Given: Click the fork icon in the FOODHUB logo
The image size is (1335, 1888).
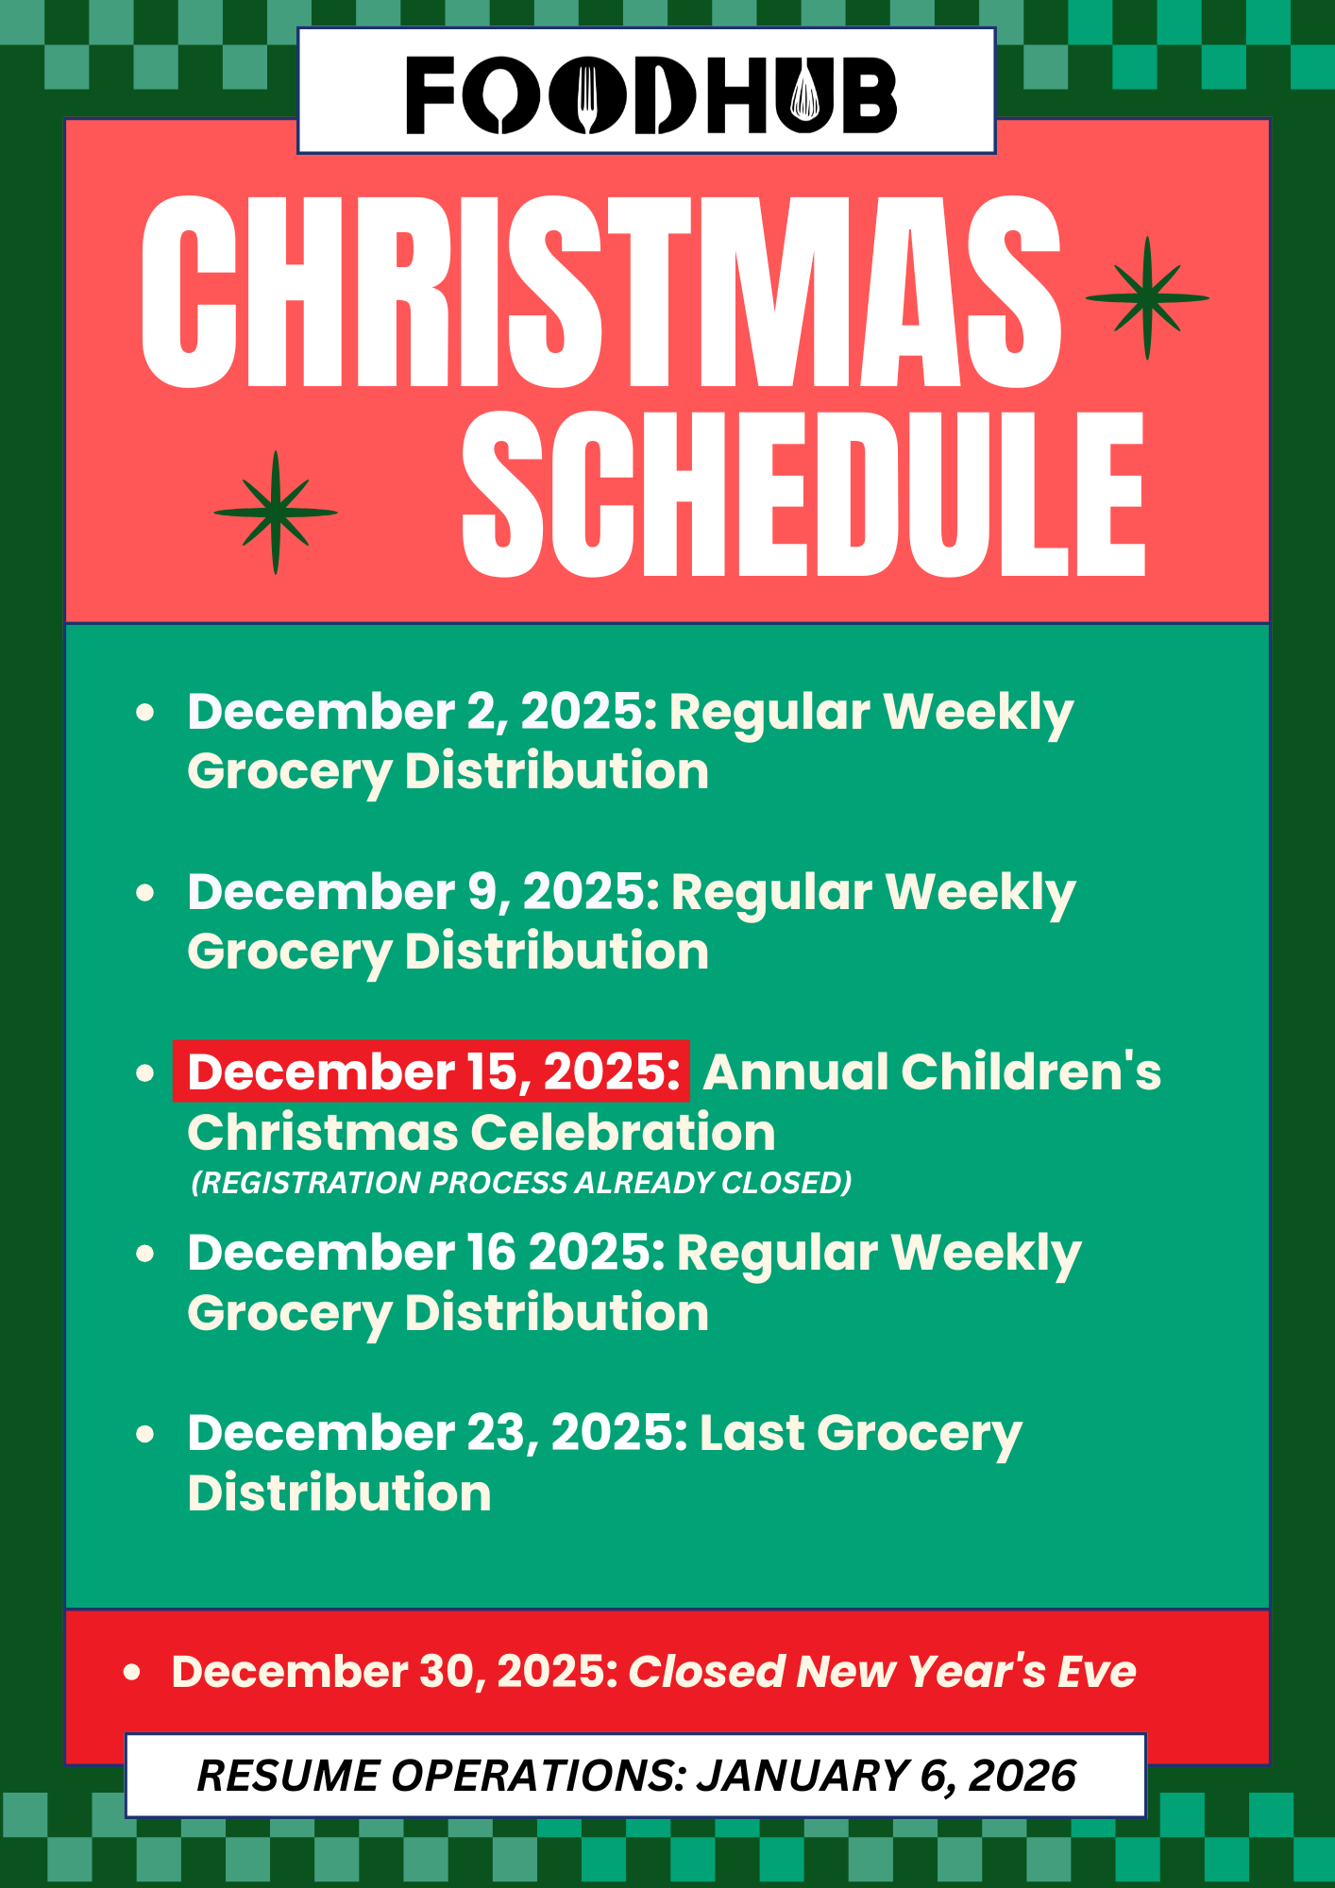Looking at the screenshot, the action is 588,96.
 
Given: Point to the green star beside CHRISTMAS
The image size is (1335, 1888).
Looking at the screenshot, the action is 1147,298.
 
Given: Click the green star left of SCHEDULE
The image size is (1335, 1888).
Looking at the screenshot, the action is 276,513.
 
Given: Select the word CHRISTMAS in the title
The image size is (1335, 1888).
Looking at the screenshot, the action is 601,292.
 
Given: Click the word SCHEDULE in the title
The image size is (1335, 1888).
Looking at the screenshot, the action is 803,494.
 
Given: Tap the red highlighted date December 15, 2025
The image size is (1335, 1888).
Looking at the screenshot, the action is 431,1071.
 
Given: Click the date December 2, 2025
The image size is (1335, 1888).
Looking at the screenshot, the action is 422,712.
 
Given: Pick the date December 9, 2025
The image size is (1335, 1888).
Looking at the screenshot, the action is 423,892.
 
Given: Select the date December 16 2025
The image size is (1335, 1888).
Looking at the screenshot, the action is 426,1253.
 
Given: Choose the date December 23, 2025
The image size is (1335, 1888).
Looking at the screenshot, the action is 437,1433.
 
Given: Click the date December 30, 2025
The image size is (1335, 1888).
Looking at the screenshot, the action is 395,1672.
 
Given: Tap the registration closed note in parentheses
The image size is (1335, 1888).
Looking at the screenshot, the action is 521,1183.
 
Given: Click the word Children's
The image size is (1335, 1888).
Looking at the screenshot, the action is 1031,1071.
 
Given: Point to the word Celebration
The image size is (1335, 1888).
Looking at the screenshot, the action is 623,1133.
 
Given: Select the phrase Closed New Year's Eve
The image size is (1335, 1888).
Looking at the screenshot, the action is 882,1672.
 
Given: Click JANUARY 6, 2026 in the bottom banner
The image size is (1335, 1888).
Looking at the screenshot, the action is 887,1776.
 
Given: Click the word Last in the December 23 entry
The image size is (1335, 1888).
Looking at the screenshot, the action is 752,1433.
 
